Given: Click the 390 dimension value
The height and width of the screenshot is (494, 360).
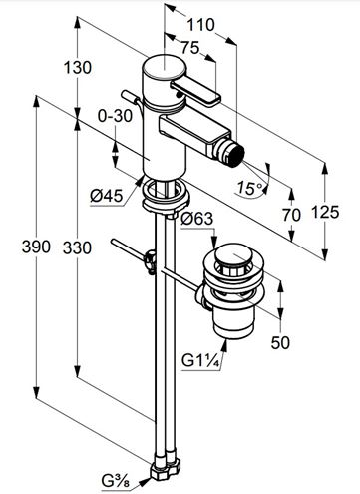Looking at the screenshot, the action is pyautogui.click(x=36, y=247).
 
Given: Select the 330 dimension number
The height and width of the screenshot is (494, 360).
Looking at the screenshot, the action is pyautogui.click(x=77, y=247).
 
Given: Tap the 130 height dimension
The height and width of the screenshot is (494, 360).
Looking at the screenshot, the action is pyautogui.click(x=77, y=68).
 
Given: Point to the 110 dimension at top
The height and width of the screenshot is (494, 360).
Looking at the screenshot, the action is pyautogui.click(x=200, y=25).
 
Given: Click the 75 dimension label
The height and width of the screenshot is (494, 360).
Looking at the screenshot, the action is pyautogui.click(x=190, y=48).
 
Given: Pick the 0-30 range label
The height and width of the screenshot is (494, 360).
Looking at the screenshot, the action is pyautogui.click(x=115, y=116).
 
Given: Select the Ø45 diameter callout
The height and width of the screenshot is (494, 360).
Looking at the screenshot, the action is pyautogui.click(x=107, y=196).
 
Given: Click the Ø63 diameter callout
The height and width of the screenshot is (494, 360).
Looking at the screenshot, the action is pyautogui.click(x=196, y=219).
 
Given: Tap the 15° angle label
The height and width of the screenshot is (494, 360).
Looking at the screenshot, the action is pyautogui.click(x=249, y=189).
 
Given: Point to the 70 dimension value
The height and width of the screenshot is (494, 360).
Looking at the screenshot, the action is pyautogui.click(x=291, y=215).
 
